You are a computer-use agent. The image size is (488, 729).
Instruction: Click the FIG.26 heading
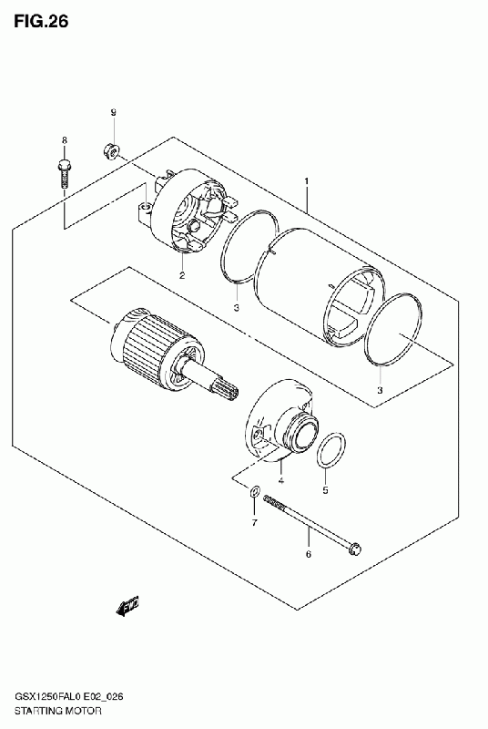point(41,21)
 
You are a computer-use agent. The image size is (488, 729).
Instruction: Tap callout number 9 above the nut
point(113,112)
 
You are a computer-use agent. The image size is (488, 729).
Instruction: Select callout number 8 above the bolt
point(65,140)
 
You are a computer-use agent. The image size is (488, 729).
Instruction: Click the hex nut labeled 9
point(111,150)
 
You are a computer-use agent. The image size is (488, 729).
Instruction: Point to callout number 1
point(307,180)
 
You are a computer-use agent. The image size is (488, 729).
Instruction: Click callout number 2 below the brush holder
point(182,275)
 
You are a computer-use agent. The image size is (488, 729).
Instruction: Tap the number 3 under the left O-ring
point(237,308)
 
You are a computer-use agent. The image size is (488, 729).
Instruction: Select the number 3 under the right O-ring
point(380,390)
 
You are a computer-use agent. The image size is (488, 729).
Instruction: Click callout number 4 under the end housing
point(280,480)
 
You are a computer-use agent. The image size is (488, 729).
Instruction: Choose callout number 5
point(325,490)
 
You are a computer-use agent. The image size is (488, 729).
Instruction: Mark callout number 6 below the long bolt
point(309,554)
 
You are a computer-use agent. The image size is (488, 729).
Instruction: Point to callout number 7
point(254,523)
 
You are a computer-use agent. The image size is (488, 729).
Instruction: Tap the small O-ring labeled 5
point(331,449)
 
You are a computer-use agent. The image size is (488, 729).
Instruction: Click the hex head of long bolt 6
point(355,549)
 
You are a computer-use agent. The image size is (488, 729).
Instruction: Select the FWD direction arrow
point(128,606)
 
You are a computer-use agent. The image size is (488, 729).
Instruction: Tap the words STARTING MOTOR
point(57,711)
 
